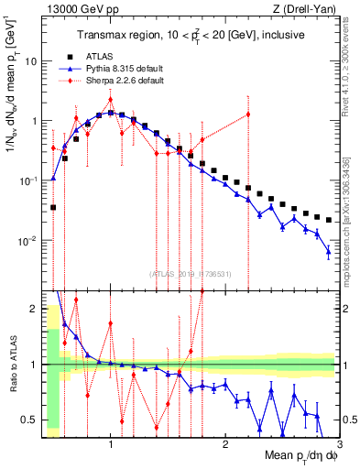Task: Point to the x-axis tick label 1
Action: tap(111, 442)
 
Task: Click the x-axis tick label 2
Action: tap(225, 442)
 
